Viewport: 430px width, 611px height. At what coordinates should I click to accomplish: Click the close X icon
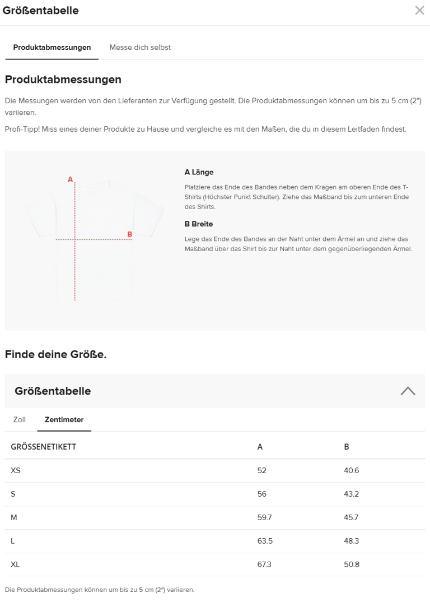pyautogui.click(x=419, y=10)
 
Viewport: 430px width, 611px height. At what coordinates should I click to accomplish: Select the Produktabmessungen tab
pyautogui.click(x=52, y=48)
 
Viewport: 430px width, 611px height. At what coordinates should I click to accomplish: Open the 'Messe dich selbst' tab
pyautogui.click(x=140, y=48)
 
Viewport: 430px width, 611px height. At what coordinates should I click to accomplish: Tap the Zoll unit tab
pyautogui.click(x=20, y=420)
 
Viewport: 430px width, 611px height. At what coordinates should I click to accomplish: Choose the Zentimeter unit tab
pyautogui.click(x=64, y=420)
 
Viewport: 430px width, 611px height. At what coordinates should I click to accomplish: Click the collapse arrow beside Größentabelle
pyautogui.click(x=408, y=391)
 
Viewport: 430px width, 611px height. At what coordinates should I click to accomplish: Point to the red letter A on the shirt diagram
pyautogui.click(x=70, y=179)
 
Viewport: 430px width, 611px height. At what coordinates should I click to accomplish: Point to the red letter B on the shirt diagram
pyautogui.click(x=129, y=234)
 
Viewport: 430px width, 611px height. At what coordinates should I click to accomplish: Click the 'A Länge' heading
pyautogui.click(x=199, y=172)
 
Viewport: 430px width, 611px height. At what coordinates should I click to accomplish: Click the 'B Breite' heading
pyautogui.click(x=199, y=224)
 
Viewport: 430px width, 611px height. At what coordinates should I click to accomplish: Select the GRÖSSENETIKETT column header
pyautogui.click(x=44, y=447)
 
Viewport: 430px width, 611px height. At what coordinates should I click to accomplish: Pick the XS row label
pyautogui.click(x=16, y=470)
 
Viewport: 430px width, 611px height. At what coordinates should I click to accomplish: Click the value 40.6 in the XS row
pyautogui.click(x=351, y=470)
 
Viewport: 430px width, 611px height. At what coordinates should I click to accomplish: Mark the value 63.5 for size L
pyautogui.click(x=265, y=541)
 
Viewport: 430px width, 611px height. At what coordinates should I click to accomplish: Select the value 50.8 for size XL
pyautogui.click(x=352, y=564)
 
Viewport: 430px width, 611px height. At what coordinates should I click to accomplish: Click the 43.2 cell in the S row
pyautogui.click(x=351, y=494)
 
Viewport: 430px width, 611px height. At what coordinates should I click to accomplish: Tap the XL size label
pyautogui.click(x=15, y=564)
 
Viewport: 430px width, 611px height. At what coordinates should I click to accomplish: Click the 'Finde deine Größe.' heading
pyautogui.click(x=56, y=354)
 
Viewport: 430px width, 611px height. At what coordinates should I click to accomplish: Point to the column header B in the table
pyautogui.click(x=347, y=447)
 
